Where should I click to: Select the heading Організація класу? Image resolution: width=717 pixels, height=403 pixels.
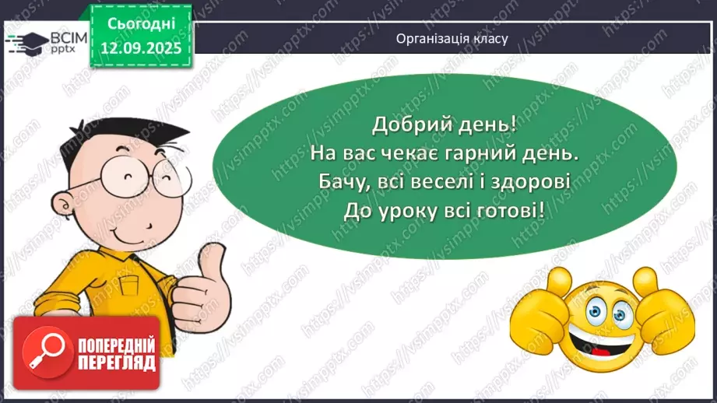pos(452,38)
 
